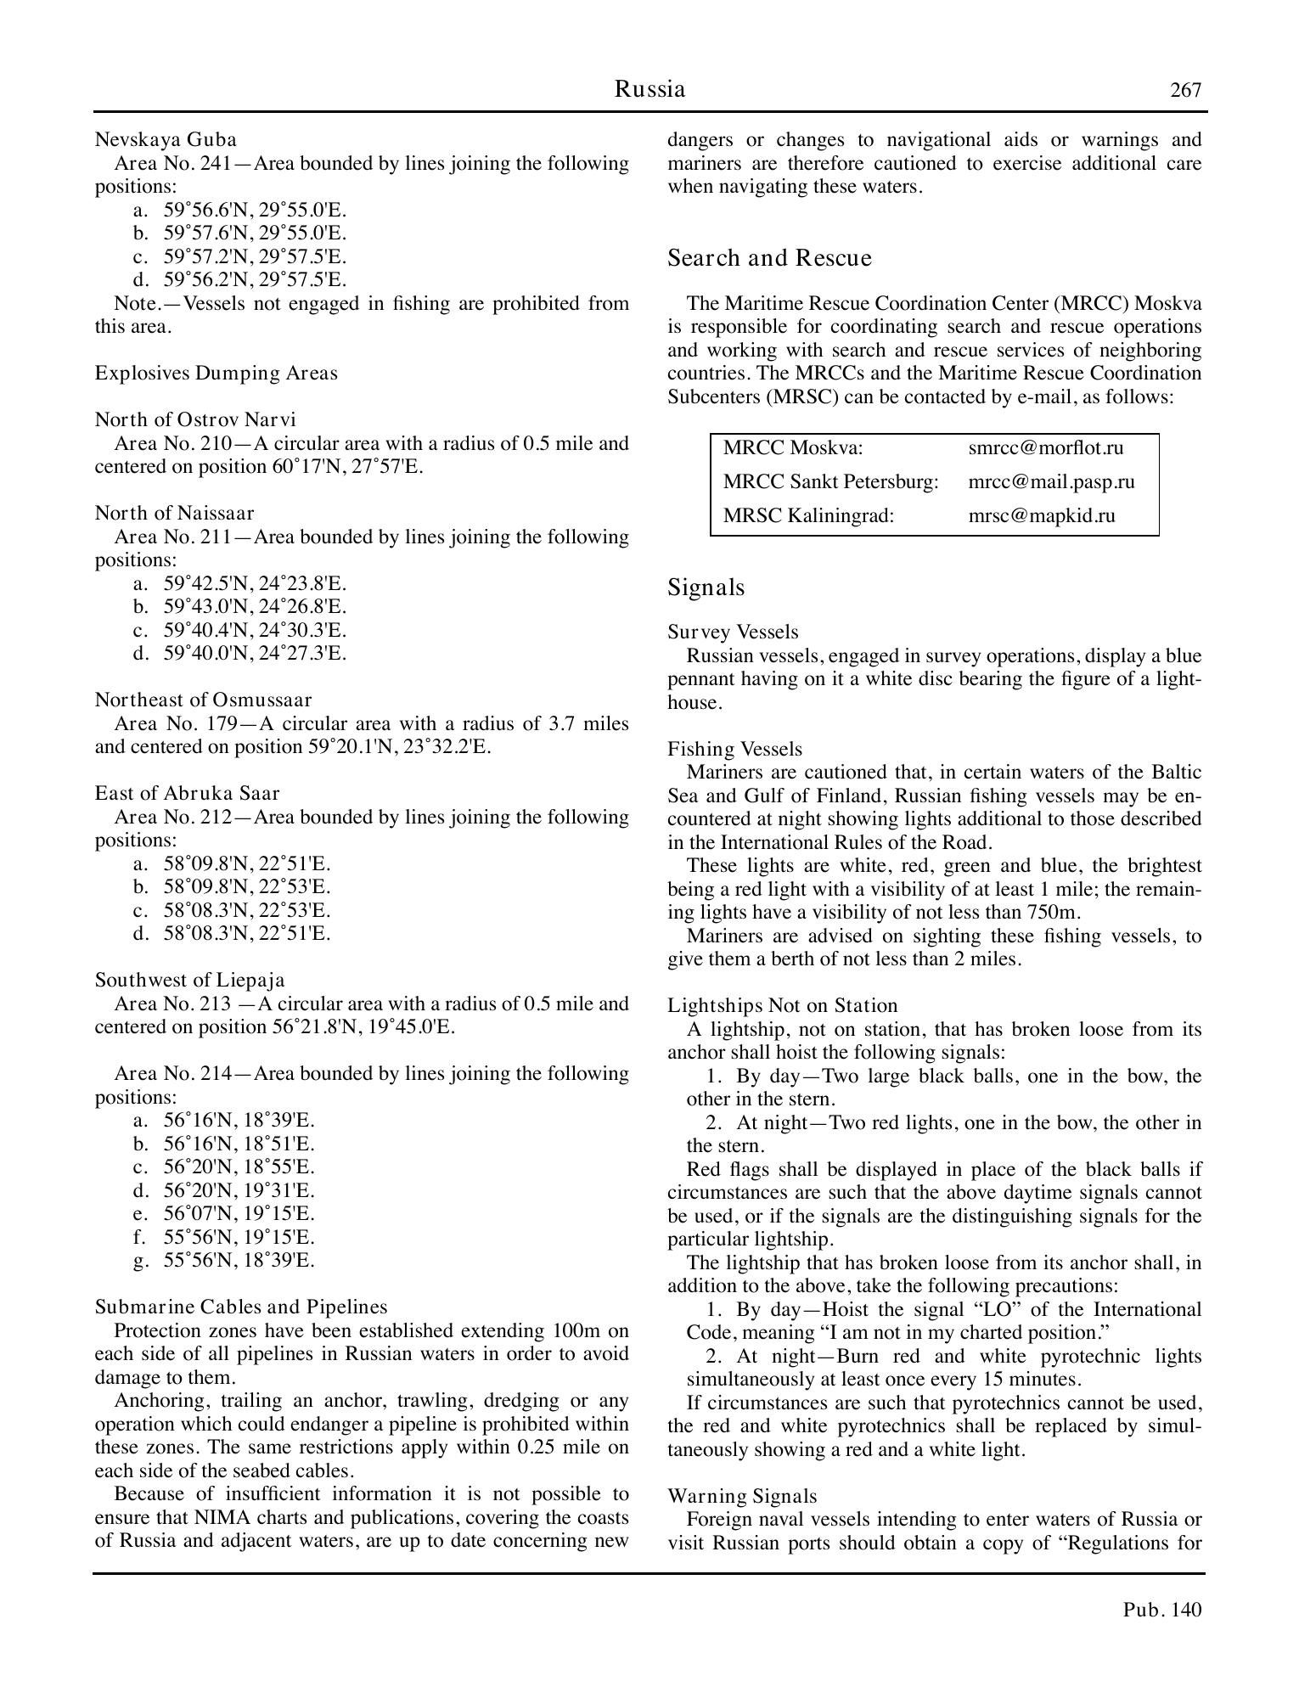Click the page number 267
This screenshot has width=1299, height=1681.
click(x=1185, y=90)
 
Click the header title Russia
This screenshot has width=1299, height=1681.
click(x=649, y=89)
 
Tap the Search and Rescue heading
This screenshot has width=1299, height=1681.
click(x=769, y=258)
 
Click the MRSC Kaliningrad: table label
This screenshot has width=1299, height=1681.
click(x=808, y=515)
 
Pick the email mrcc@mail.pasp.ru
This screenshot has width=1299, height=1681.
click(x=1051, y=481)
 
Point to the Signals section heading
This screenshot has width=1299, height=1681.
click(x=706, y=588)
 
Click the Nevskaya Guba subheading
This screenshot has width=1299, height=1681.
click(x=166, y=139)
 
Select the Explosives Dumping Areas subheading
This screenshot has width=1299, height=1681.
click(x=216, y=373)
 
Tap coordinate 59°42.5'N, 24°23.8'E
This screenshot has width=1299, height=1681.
click(x=255, y=583)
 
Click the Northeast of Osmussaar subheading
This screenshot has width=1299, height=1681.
click(x=203, y=700)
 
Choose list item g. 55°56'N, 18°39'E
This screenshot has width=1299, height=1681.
click(x=239, y=1260)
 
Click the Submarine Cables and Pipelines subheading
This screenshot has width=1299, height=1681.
click(x=240, y=1307)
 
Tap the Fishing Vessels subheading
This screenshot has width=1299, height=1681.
click(x=734, y=749)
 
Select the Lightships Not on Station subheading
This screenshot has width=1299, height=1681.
click(x=782, y=1005)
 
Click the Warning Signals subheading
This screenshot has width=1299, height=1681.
click(x=742, y=1496)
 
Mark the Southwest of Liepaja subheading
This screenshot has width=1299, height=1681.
click(x=189, y=980)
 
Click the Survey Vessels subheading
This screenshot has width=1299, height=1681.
click(x=733, y=632)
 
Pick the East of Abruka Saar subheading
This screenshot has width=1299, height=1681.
click(x=187, y=793)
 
